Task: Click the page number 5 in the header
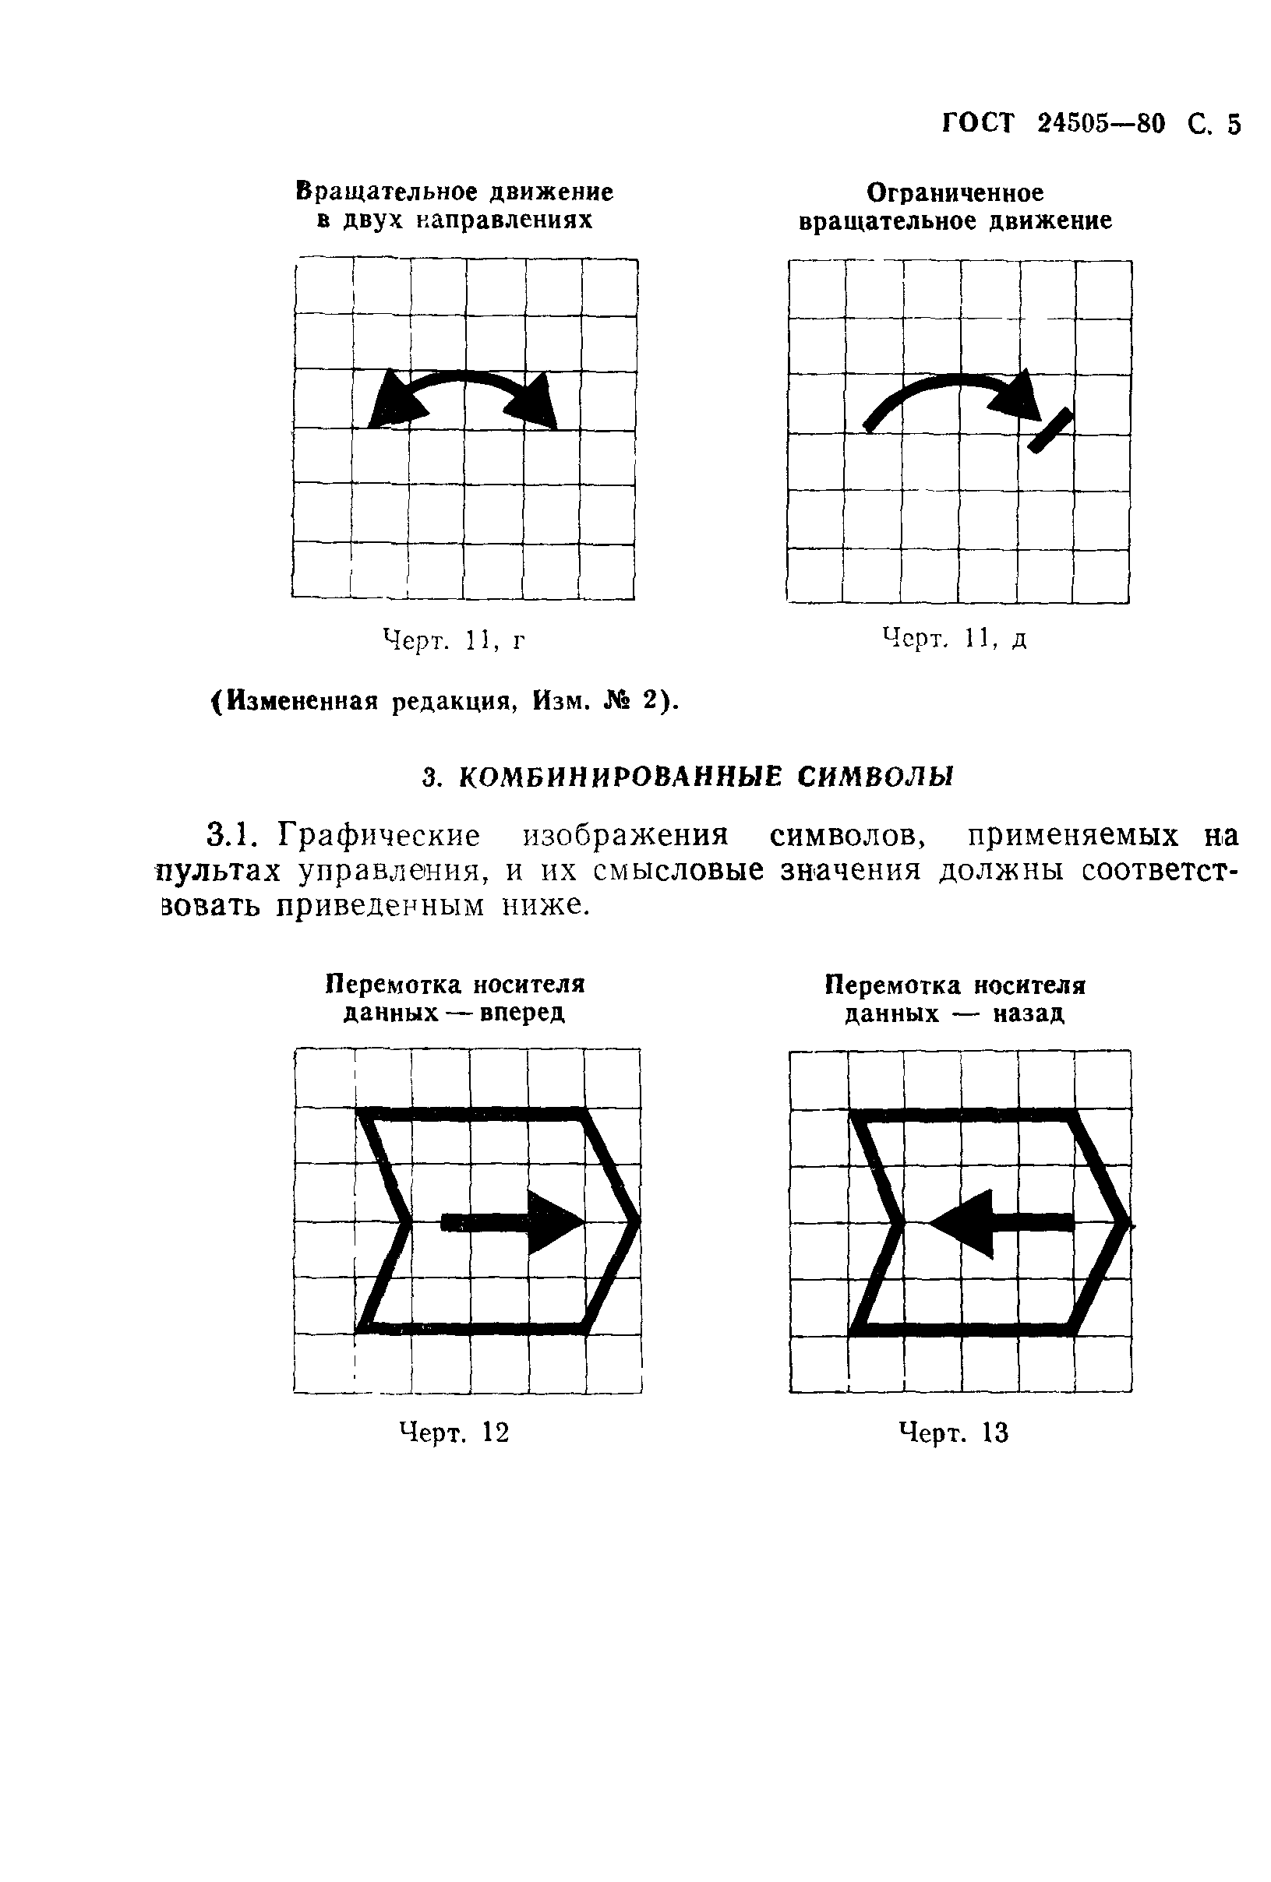[1232, 124]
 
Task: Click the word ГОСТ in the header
[978, 124]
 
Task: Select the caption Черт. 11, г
[454, 641]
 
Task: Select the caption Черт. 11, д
[955, 639]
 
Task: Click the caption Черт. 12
[454, 1433]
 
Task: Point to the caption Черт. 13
[955, 1433]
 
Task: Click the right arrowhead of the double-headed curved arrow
[535, 404]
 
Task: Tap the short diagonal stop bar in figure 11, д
[1050, 430]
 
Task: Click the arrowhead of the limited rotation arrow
[1022, 396]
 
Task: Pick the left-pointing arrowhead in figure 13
[964, 1223]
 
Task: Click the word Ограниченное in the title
[955, 193]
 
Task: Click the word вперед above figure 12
[521, 1013]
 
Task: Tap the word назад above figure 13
[1028, 1014]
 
